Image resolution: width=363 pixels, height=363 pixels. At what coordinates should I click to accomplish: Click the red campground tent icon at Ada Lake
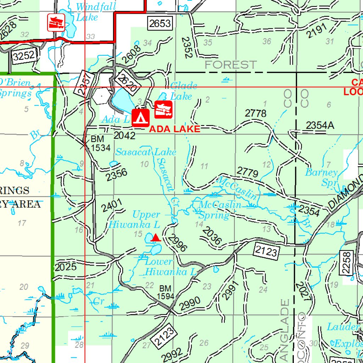[x=141, y=118]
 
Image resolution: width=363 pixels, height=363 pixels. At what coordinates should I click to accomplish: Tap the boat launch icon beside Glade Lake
[x=163, y=109]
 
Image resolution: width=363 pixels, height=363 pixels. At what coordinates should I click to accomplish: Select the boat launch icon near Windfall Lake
[x=56, y=22]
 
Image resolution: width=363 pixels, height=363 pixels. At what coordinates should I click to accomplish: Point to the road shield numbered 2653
[x=160, y=24]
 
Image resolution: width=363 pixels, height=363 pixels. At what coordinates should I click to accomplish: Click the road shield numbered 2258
[x=347, y=262]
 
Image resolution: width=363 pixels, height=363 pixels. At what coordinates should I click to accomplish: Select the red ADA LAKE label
[x=175, y=129]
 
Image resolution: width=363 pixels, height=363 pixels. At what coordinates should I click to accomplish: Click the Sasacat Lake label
[x=146, y=152]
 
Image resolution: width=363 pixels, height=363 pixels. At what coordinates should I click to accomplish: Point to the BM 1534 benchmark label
[x=100, y=143]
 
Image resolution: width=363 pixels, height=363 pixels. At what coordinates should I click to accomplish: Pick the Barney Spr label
[x=322, y=177]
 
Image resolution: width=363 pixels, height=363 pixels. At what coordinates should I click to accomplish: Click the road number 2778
[x=256, y=113]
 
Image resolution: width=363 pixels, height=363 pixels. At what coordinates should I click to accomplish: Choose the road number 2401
[x=112, y=206]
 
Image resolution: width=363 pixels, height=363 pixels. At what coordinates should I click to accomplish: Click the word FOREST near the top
[x=230, y=65]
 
